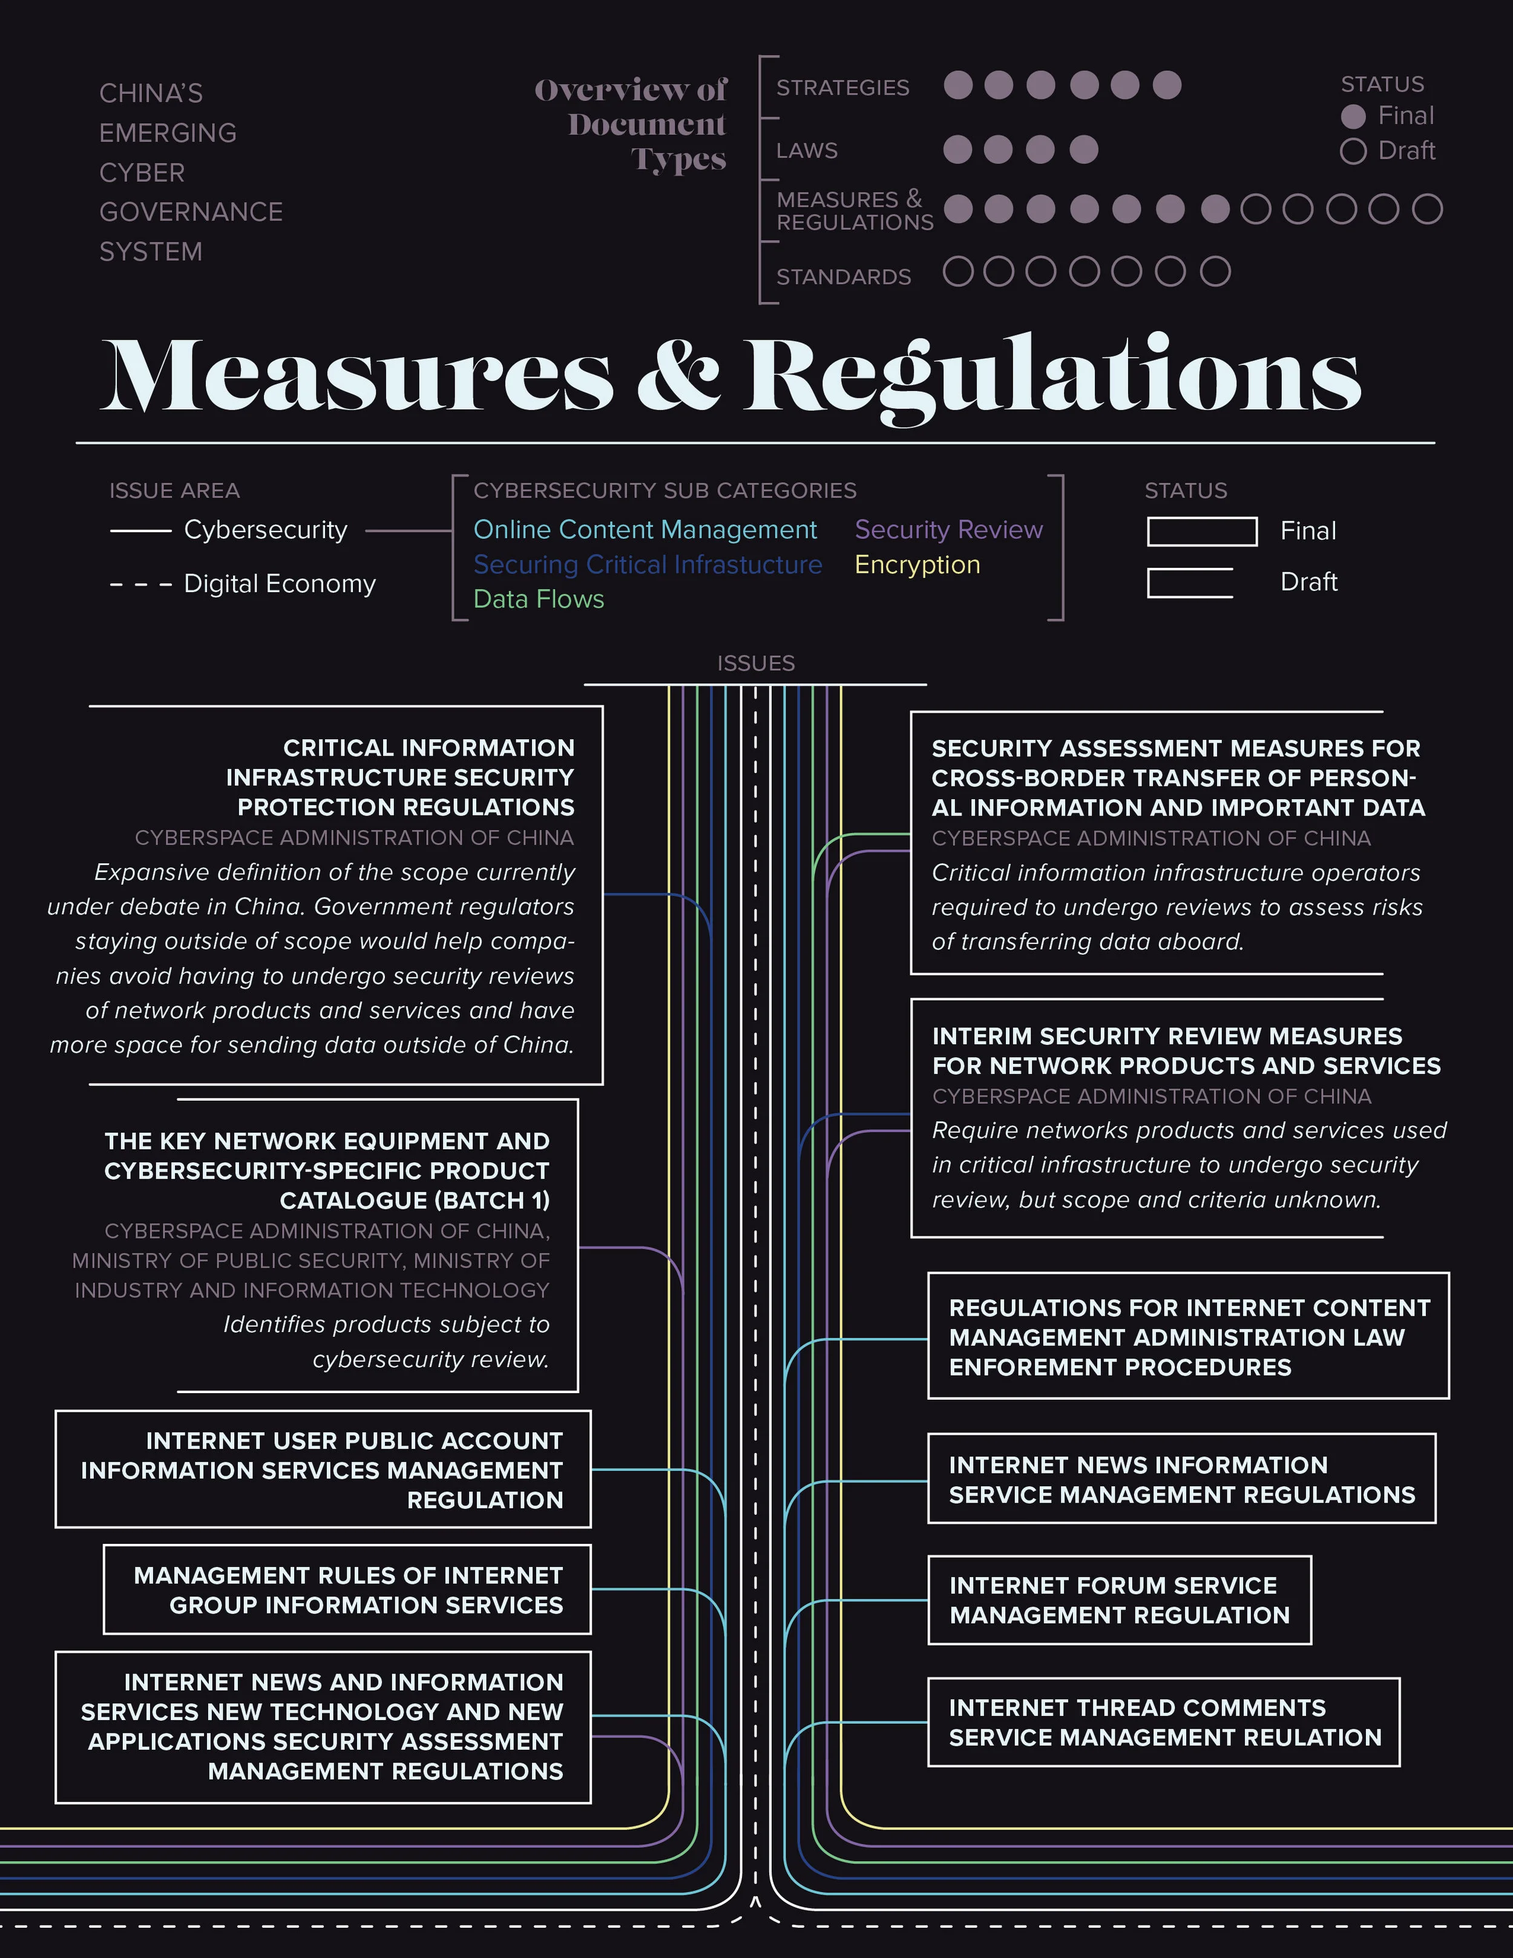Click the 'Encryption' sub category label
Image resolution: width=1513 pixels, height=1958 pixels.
tap(917, 565)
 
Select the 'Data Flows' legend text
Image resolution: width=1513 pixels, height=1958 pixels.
tap(539, 599)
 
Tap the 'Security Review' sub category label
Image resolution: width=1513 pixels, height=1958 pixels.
tap(948, 530)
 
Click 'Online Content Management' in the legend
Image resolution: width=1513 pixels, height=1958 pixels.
tap(645, 530)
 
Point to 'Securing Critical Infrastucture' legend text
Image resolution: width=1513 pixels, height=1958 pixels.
tap(647, 565)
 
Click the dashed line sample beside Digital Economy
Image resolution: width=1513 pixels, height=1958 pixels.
tap(141, 584)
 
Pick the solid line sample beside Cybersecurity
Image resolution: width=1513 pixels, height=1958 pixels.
tap(141, 531)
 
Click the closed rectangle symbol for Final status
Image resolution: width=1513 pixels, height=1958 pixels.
tap(1201, 532)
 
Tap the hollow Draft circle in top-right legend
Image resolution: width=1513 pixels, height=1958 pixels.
tap(1353, 151)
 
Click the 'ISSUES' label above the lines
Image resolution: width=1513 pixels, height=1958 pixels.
tap(756, 664)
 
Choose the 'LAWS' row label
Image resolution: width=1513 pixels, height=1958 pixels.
tap(807, 151)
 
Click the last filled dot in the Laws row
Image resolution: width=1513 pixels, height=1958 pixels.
tap(1084, 150)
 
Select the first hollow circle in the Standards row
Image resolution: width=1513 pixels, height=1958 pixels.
tap(958, 272)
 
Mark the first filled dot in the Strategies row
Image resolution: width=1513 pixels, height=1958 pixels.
tap(958, 85)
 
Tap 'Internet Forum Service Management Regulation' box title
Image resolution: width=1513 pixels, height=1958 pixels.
tap(1118, 1600)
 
